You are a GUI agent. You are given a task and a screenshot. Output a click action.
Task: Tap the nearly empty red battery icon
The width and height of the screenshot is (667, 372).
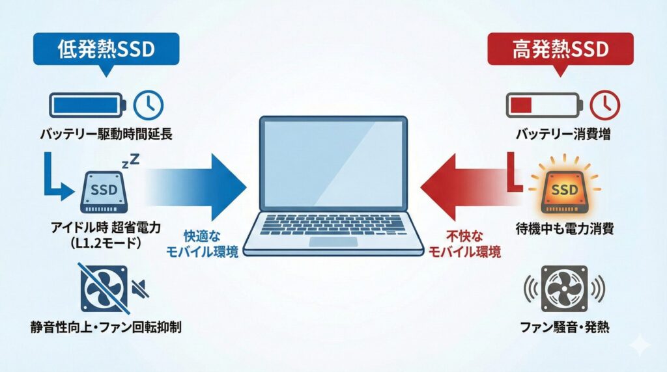pos(543,105)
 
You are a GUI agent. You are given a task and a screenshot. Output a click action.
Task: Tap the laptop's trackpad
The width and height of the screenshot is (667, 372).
pos(333,242)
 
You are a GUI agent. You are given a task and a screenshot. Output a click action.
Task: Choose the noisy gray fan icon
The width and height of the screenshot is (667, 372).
pos(565,289)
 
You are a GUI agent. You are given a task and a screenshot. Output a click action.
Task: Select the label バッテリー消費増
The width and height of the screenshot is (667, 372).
pos(564,135)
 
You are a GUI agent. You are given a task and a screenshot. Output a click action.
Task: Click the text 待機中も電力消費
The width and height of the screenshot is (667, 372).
pos(564,228)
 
